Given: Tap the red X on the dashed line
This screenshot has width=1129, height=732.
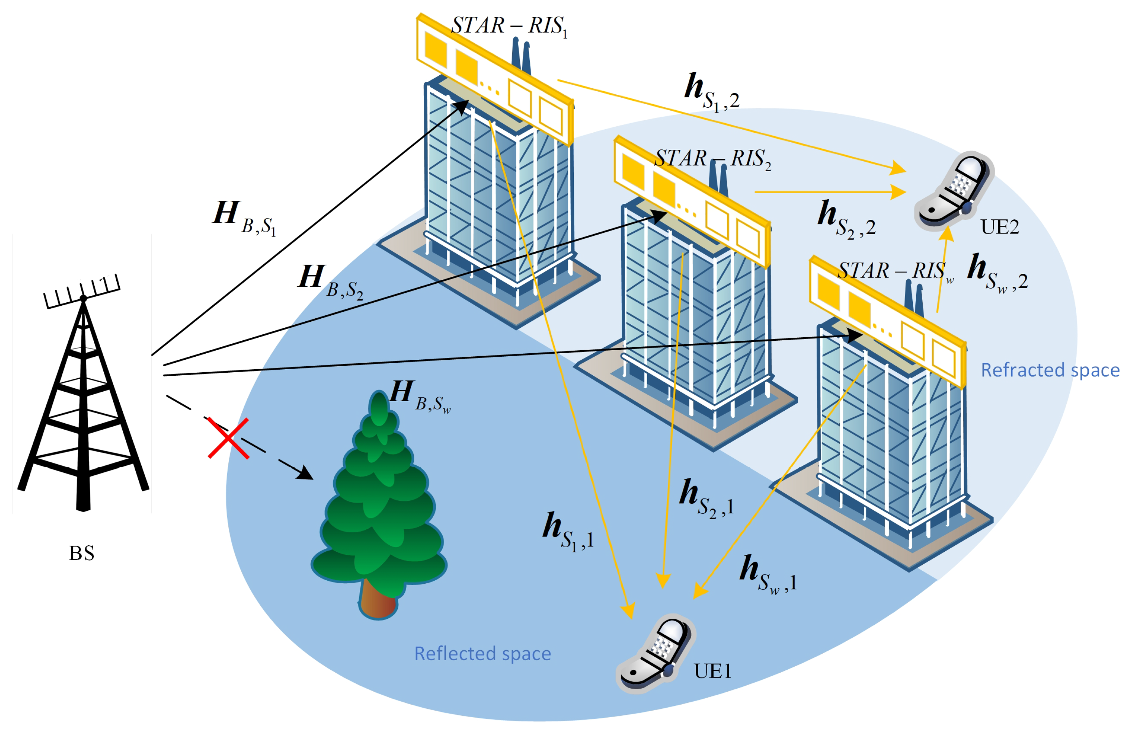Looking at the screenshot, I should (228, 438).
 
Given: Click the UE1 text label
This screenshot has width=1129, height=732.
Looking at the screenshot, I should (712, 671).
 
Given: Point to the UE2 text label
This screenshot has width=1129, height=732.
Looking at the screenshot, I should (999, 227).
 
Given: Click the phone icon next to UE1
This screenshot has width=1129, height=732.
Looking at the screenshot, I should (655, 653).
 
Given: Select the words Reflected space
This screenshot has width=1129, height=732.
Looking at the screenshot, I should (483, 654).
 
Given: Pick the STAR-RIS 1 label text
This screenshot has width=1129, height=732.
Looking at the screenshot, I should (508, 26).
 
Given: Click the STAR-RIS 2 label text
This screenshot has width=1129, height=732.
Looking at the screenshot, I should (713, 159).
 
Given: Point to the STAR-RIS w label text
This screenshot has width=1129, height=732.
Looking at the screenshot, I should (895, 272).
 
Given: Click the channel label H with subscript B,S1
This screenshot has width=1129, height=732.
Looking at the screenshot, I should (243, 218).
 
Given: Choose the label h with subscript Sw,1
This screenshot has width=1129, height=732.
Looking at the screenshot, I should (768, 573).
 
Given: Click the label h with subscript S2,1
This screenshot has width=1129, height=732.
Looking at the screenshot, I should (706, 497).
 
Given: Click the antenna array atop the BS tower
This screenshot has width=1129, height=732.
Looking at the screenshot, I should (82, 291).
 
